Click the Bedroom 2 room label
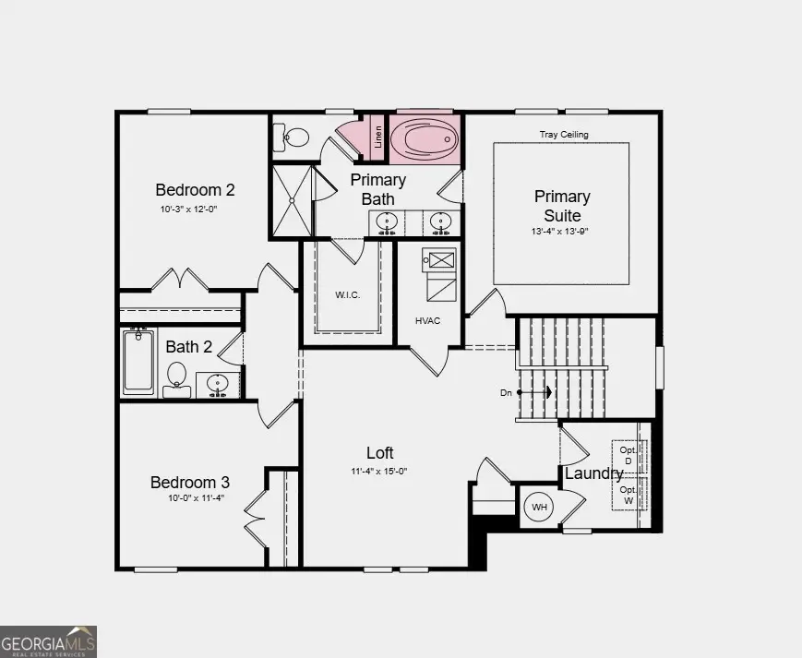pos(195,190)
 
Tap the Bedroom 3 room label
pos(190,482)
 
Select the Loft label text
pos(379,452)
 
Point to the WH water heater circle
pos(538,508)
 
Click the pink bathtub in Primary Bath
pos(425,139)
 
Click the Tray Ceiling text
pos(563,135)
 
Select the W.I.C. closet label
pos(348,295)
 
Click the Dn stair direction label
pos(506,392)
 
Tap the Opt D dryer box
pos(628,454)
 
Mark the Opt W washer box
pos(628,495)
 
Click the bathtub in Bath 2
pos(139,362)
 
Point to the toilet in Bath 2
pos(176,377)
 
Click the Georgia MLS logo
pos(48,641)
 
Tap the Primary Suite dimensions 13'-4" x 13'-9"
pos(561,232)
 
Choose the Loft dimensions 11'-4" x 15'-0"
pos(379,471)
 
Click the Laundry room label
pos(593,473)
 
